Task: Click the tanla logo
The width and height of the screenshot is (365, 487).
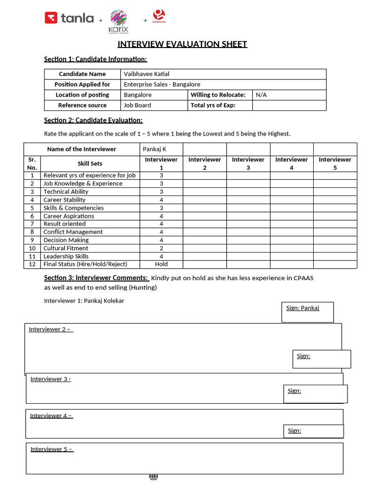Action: point(69,18)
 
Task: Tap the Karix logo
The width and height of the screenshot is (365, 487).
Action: point(118,22)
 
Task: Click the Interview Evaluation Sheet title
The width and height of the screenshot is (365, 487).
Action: point(182,44)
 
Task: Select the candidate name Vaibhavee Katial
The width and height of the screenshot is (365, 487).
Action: point(146,74)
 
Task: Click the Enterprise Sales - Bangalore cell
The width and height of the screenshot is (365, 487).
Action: point(162,84)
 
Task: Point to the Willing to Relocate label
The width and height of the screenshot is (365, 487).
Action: point(218,95)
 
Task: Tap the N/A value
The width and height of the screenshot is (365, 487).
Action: point(261,95)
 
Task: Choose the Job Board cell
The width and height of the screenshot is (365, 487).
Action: point(137,105)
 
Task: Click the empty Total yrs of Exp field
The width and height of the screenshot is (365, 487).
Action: point(289,105)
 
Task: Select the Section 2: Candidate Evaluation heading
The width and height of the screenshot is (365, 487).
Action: point(93,120)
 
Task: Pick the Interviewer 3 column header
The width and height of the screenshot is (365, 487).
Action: point(248,163)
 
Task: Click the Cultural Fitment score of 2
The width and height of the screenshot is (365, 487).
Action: point(161,248)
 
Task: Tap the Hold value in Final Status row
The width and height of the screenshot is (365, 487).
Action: point(161,264)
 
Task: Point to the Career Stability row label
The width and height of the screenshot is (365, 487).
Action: point(65,200)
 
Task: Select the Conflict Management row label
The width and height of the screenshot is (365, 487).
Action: point(73,232)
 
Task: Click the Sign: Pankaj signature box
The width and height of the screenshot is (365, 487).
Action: point(307,312)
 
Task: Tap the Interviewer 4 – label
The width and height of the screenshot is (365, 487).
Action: point(51,416)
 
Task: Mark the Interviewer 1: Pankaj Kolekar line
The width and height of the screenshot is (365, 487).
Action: point(84,301)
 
